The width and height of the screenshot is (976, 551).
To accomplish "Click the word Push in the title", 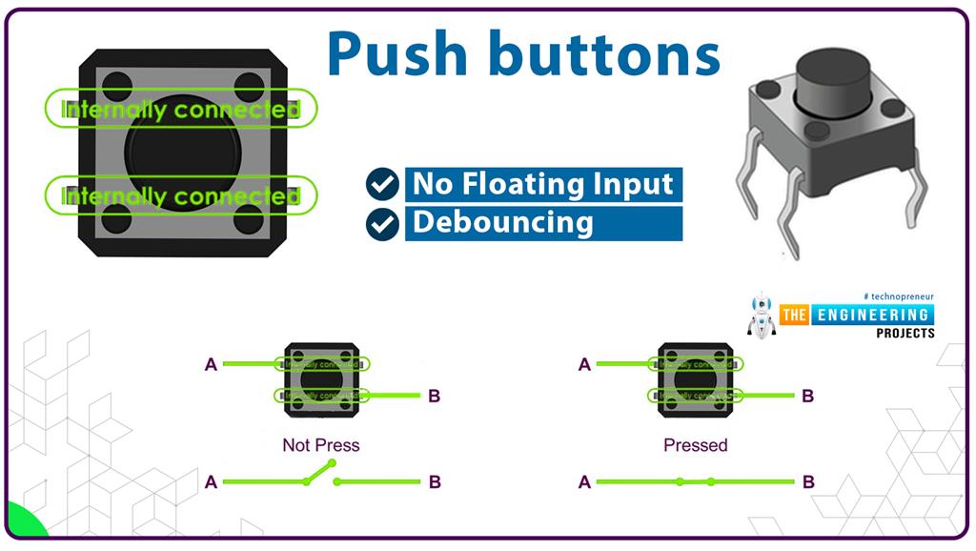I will (x=401, y=54).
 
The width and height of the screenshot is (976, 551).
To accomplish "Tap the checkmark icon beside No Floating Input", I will (x=382, y=184).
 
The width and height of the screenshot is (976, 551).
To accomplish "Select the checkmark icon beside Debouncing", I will (x=382, y=224).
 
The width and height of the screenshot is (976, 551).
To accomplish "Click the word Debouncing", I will (x=502, y=223).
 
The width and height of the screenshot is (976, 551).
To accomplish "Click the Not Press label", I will (x=321, y=445).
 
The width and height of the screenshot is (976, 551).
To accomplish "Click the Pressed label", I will (x=695, y=445).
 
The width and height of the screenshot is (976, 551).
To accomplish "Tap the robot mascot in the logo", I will (x=761, y=316).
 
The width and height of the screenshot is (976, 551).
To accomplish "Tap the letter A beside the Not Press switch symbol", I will (x=211, y=482).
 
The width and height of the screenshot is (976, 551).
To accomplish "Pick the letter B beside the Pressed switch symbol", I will (x=808, y=482).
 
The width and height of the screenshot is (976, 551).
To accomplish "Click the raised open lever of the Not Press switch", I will (x=319, y=472).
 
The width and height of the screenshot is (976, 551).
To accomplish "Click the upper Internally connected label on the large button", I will (x=180, y=110).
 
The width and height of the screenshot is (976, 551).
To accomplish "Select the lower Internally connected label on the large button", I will (x=180, y=196).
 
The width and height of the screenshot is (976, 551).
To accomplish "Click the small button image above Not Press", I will (x=321, y=379).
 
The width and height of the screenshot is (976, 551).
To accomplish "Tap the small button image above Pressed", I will (x=695, y=379).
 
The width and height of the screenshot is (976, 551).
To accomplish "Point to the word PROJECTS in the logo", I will (x=905, y=333).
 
